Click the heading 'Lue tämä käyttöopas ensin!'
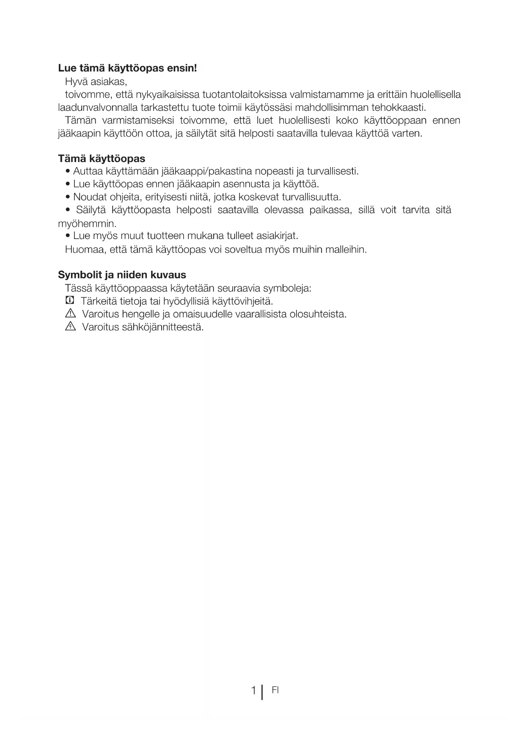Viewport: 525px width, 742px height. point(127,68)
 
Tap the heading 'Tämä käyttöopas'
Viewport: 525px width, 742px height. point(102,159)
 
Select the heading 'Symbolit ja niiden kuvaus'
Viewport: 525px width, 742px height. point(122,275)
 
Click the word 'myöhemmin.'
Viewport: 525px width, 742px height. point(87,223)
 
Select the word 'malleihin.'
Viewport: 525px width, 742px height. point(346,250)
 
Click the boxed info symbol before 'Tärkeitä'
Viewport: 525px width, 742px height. point(70,301)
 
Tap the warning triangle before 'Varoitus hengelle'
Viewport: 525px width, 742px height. point(70,314)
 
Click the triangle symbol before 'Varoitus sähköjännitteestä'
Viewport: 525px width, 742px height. point(70,327)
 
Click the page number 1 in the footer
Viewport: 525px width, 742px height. point(253,691)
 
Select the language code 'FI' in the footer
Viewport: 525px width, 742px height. point(275,690)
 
